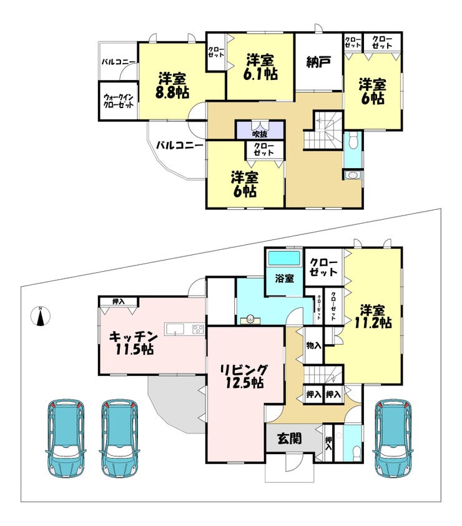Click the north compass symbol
(x=41, y=316)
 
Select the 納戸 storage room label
(x=319, y=62)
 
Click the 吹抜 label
(x=260, y=134)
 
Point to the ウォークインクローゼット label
(x=119, y=101)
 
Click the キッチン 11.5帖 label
(x=134, y=342)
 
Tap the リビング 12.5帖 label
(x=244, y=376)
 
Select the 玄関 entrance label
(x=290, y=439)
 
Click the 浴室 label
(x=284, y=278)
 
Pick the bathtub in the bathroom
(x=284, y=258)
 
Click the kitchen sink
(x=175, y=329)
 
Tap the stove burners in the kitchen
(x=198, y=329)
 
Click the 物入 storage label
(x=314, y=345)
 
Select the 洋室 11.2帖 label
(x=373, y=316)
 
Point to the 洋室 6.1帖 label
(x=260, y=67)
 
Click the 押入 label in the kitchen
(x=119, y=302)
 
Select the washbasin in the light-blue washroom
(x=250, y=319)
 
